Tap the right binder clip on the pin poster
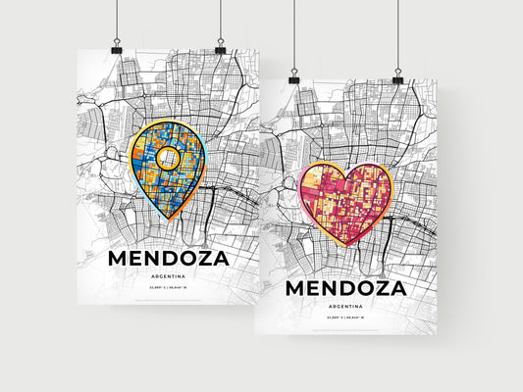click(x=220, y=47)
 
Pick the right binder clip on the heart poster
click(x=397, y=76)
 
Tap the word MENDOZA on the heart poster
click(x=343, y=290)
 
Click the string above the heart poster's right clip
click(x=397, y=34)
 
